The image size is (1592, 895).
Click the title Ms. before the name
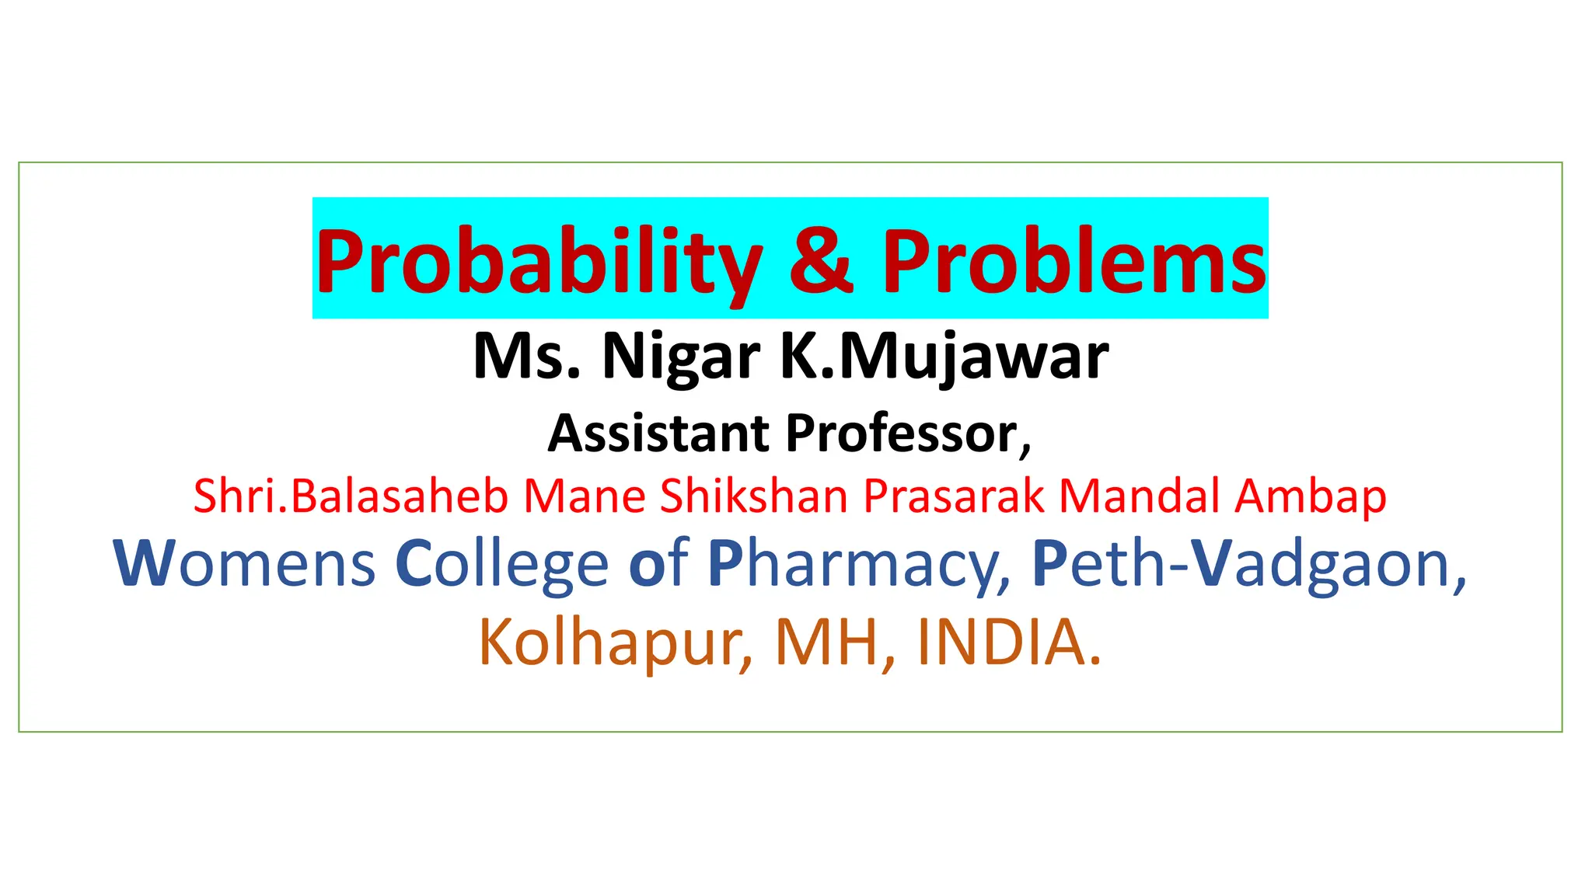(526, 357)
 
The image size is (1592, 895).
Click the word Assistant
(658, 433)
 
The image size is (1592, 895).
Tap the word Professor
(907, 433)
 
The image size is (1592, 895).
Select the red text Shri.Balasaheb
(351, 496)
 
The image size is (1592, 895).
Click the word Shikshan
(753, 496)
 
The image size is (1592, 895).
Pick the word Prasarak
(954, 496)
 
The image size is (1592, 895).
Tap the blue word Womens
(245, 563)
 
